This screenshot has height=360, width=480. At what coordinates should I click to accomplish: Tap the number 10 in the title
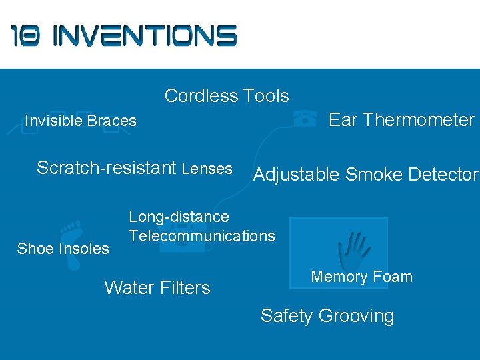pos(26,35)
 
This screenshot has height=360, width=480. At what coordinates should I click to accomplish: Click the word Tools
pos(266,96)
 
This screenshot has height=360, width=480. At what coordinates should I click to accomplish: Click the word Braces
pos(111,121)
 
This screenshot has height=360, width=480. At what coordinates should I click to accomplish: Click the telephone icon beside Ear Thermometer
pos(305,119)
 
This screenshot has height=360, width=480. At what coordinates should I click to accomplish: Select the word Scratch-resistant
pos(107,168)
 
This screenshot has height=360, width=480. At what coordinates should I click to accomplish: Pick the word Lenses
pos(207,169)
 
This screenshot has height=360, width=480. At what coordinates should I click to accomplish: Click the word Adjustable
pos(297,175)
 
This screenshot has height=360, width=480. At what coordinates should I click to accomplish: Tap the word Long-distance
pos(179,217)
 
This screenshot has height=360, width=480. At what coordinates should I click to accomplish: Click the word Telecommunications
pos(201,235)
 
